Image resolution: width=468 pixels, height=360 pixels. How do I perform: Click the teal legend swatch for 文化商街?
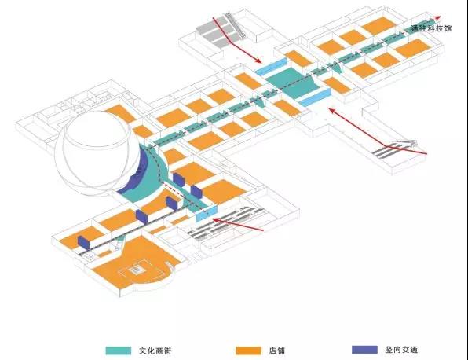(x=119, y=351)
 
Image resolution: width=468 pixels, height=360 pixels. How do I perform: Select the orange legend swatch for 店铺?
(x=248, y=351)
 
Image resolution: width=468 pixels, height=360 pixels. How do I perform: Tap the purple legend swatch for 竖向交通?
(x=364, y=350)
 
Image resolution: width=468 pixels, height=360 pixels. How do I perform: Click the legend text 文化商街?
(x=155, y=351)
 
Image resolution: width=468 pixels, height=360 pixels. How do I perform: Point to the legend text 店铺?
(x=277, y=350)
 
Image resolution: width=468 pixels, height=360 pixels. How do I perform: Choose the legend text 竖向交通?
(x=401, y=350)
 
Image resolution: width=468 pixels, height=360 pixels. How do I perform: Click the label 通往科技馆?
(x=431, y=28)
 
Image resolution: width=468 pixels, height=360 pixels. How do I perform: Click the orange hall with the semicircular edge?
(x=134, y=263)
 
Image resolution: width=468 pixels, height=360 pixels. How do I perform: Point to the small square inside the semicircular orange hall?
(x=137, y=270)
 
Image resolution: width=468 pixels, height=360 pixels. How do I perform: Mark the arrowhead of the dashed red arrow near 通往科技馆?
(x=438, y=17)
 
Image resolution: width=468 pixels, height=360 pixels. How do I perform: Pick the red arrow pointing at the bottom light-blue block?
(x=238, y=224)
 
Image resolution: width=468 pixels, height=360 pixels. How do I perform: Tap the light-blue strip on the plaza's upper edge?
(x=272, y=67)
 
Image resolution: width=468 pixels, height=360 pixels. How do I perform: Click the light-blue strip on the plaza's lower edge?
(x=315, y=97)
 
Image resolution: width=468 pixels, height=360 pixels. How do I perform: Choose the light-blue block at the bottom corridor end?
(x=207, y=213)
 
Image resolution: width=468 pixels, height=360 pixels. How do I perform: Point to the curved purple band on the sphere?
(x=134, y=173)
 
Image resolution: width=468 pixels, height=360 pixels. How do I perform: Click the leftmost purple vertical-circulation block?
(x=83, y=242)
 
